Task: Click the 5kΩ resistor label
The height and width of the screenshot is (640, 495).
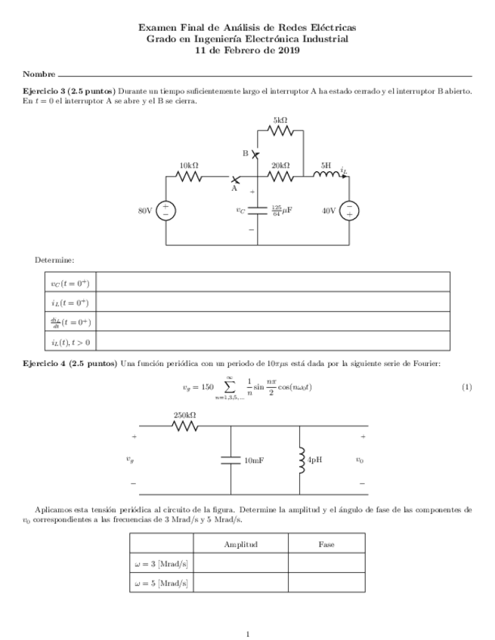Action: click(x=280, y=119)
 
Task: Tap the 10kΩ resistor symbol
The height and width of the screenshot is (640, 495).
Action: click(x=189, y=177)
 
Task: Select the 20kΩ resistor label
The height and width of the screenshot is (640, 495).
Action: click(x=280, y=165)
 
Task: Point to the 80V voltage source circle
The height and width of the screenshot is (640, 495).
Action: click(x=166, y=211)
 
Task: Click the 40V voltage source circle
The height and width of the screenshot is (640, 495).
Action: click(x=349, y=211)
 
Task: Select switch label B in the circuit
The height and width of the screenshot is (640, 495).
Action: click(x=246, y=153)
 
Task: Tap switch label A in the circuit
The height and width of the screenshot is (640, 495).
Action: click(x=234, y=189)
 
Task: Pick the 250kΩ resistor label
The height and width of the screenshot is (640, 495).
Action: click(x=185, y=415)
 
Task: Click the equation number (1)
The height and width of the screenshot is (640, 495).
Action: click(x=466, y=387)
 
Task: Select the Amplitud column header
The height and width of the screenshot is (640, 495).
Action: click(x=240, y=544)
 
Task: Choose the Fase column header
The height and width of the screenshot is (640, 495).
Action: click(x=326, y=544)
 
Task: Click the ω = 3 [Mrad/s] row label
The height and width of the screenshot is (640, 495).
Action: click(x=161, y=563)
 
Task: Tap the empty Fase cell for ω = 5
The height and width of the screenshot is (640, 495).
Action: click(x=326, y=583)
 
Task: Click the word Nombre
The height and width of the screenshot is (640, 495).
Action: click(x=39, y=74)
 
